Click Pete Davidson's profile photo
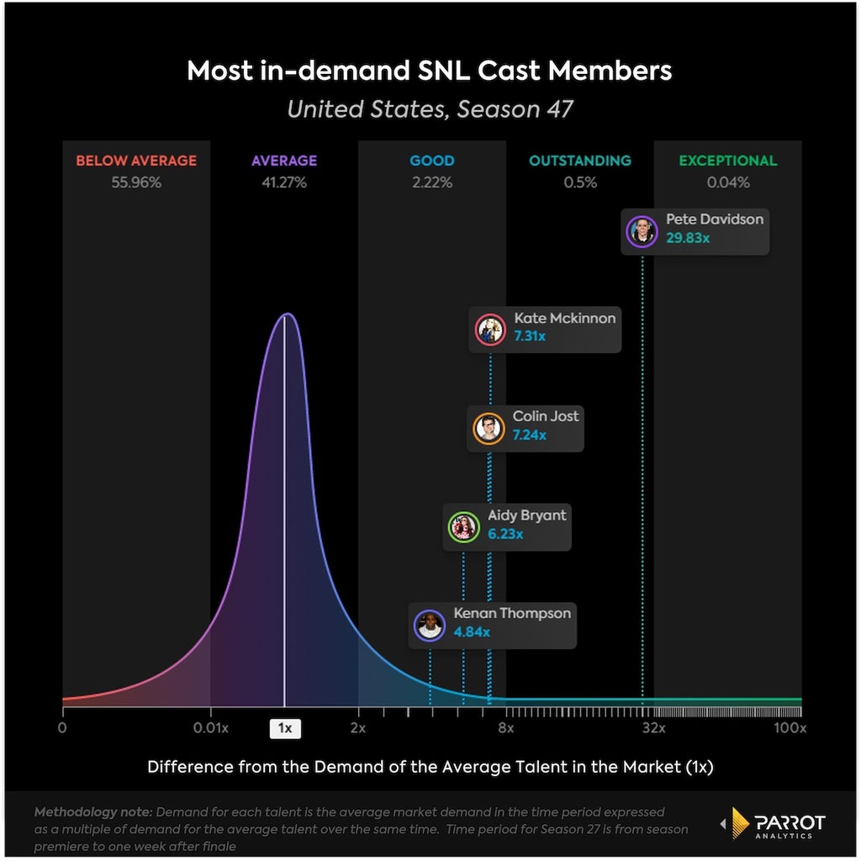[642, 232]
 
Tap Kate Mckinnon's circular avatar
[490, 330]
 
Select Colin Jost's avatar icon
[489, 428]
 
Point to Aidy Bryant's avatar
[464, 527]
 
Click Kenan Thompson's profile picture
[430, 625]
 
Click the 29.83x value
[688, 238]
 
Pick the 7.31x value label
[530, 336]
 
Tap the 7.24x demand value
[530, 435]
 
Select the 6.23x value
[505, 534]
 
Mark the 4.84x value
[472, 632]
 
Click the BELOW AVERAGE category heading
[136, 161]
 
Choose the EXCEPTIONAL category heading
[728, 161]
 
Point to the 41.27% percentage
[284, 182]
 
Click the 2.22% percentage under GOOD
[432, 182]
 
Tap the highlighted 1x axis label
[285, 728]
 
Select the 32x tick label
[654, 728]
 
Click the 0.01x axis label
[211, 728]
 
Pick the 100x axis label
[790, 728]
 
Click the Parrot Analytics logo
[774, 823]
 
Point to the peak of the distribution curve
[287, 314]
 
